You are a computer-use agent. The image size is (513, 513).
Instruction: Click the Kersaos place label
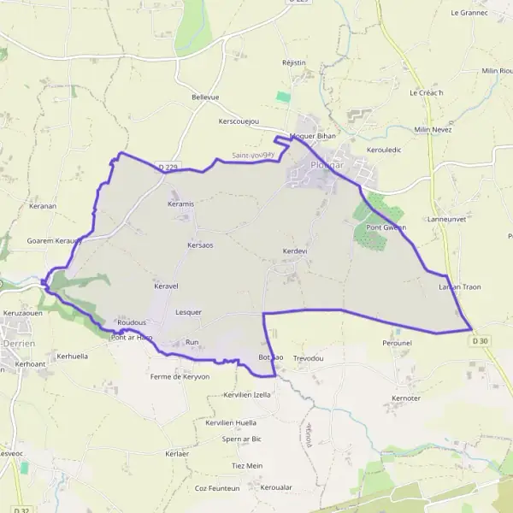click(199, 245)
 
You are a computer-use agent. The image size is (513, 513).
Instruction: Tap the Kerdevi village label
click(294, 251)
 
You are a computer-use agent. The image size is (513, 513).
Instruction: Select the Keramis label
click(181, 204)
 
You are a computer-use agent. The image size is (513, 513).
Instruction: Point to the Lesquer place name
click(188, 312)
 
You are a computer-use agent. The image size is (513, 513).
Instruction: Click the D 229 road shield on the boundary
click(168, 168)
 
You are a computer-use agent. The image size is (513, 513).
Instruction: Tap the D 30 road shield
click(481, 341)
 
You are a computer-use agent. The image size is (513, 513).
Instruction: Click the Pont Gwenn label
click(386, 227)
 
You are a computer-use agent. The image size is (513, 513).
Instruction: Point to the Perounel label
click(398, 342)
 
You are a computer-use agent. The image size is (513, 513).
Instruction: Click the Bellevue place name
click(205, 97)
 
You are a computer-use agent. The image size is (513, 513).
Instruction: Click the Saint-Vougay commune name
click(253, 155)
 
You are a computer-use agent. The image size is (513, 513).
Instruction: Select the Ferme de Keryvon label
click(180, 376)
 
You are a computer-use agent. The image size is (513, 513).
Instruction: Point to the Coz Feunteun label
click(216, 488)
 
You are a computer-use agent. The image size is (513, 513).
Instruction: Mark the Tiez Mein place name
click(247, 465)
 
